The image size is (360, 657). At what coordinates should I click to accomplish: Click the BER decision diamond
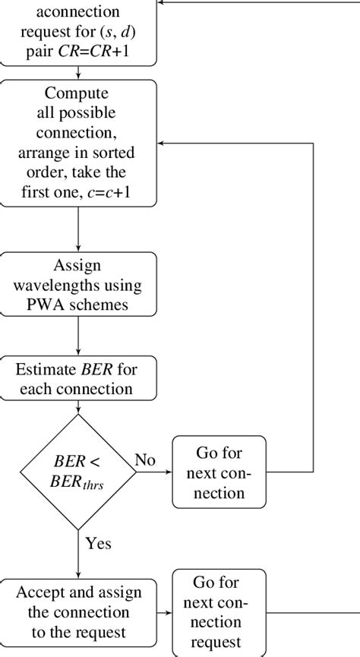(78, 472)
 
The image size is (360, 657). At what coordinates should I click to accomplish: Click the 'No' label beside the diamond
(145, 460)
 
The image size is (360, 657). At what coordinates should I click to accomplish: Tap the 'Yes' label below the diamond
(99, 544)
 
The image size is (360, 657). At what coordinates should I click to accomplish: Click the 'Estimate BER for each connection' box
(78, 380)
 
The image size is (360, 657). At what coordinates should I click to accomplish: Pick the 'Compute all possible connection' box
(78, 142)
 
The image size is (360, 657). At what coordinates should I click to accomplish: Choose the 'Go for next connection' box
(219, 472)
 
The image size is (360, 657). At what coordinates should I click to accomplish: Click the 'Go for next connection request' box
(219, 611)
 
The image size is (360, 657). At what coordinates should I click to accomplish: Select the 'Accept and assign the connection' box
(78, 611)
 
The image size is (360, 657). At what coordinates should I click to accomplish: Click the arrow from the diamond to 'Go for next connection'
(155, 472)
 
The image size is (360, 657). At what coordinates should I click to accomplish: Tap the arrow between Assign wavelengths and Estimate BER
(78, 337)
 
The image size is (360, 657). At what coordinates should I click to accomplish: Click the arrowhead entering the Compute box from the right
(162, 143)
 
